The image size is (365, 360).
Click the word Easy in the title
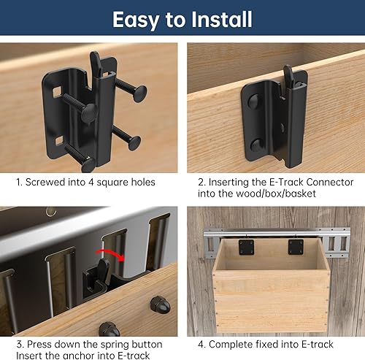click(136, 20)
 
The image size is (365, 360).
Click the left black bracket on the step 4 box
click(247, 247)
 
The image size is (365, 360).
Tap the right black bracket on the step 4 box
click(296, 247)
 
